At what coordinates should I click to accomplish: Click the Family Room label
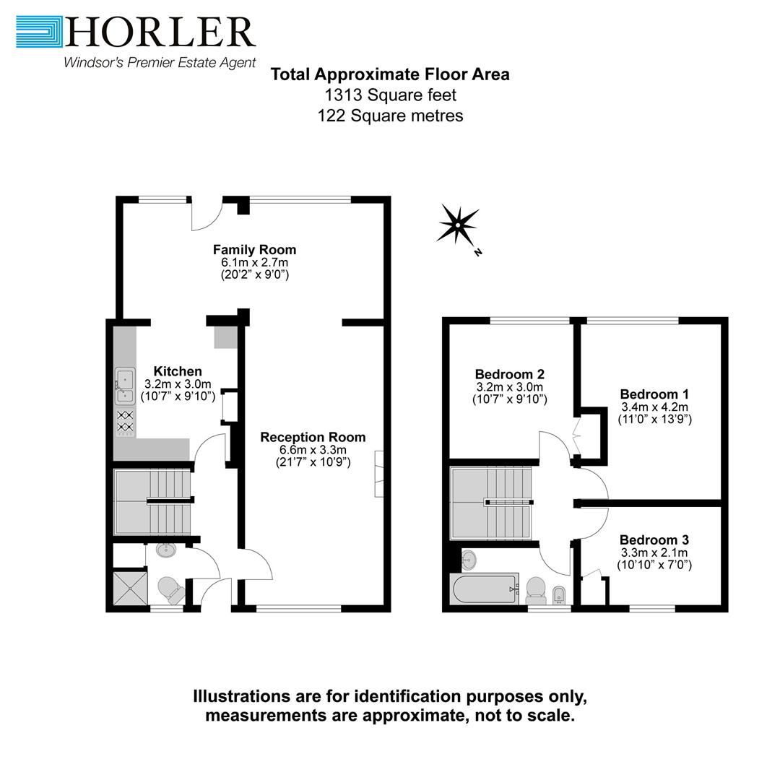(254, 250)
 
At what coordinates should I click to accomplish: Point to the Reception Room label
(313, 437)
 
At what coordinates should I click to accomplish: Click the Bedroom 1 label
(654, 394)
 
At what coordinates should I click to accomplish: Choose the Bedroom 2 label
(509, 374)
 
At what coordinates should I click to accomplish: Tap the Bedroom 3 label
(654, 539)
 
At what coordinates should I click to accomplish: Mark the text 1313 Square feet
(390, 95)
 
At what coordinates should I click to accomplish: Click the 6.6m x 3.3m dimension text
(313, 450)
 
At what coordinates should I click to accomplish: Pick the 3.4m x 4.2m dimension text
(654, 407)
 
